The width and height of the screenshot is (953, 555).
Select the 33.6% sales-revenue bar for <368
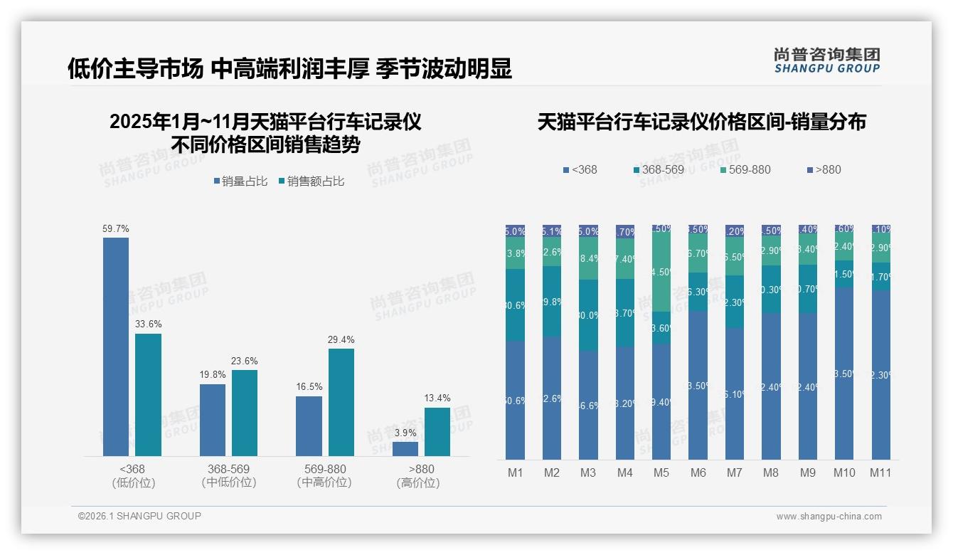(x=148, y=394)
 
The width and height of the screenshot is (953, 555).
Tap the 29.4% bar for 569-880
(x=341, y=402)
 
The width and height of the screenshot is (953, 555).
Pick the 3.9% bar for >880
(x=405, y=449)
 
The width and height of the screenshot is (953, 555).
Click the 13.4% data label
(x=437, y=398)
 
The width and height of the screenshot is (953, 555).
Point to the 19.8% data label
(x=213, y=374)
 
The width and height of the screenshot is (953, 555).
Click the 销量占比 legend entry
(x=240, y=181)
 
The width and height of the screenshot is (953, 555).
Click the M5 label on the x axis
(x=661, y=472)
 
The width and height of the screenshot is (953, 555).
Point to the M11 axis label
(x=880, y=472)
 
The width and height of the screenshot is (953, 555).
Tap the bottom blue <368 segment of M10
(x=844, y=374)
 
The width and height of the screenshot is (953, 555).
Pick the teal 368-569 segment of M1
(x=516, y=305)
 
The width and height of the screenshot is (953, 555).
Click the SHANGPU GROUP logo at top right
(x=826, y=60)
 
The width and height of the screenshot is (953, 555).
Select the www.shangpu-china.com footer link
(x=829, y=517)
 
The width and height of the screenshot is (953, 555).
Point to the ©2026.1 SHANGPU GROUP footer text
(x=139, y=516)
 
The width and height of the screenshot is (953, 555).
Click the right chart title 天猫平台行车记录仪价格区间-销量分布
(x=701, y=122)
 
